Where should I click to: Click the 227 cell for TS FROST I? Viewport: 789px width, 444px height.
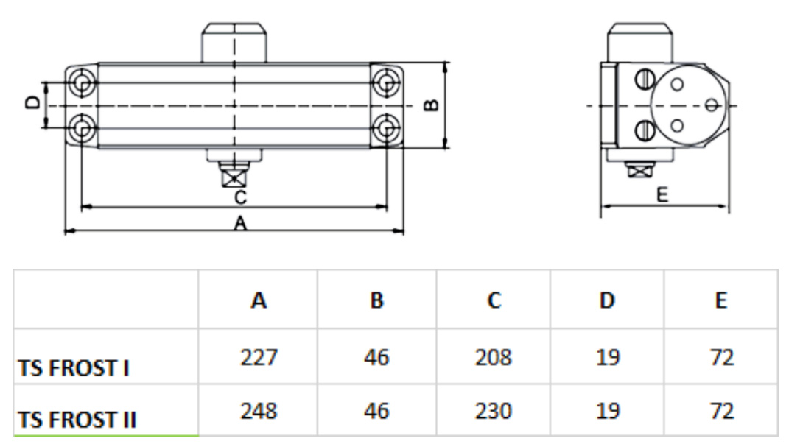point(259,358)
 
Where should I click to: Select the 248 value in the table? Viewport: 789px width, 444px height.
point(259,410)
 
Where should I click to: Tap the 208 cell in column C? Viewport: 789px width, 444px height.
point(493,358)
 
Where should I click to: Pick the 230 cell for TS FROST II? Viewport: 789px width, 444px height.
point(493,410)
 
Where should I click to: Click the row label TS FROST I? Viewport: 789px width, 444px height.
point(74,367)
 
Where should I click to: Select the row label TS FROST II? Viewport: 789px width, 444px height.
point(77,420)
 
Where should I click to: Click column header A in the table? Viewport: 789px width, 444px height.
point(259,300)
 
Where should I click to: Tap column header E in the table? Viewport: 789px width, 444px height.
point(720,300)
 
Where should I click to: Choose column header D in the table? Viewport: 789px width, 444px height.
point(608,300)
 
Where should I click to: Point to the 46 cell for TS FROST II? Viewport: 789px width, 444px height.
point(376,410)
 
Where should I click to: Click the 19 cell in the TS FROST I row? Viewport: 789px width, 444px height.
point(608,358)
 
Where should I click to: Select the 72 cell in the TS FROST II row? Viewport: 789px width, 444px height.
point(720,410)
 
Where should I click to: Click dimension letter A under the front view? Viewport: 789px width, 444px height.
point(239,223)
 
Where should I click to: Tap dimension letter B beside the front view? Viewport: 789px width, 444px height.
point(432,105)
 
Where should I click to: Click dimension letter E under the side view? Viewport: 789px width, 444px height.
point(662,195)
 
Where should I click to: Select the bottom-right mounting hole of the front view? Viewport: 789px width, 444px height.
point(385,129)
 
